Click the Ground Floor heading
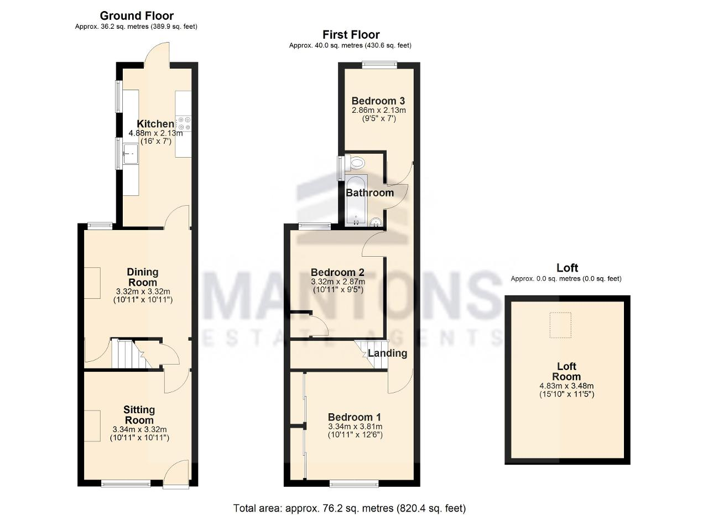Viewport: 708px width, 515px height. click(137, 16)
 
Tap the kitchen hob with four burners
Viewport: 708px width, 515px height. click(184, 123)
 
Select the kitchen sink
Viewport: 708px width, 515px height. click(131, 154)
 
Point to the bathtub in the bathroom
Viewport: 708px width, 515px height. click(356, 200)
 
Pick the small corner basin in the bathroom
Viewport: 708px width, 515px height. click(376, 222)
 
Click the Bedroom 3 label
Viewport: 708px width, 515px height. click(378, 101)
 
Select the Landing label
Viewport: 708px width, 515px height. click(387, 353)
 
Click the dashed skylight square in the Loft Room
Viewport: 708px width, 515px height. click(560, 325)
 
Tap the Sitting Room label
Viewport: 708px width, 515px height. click(139, 415)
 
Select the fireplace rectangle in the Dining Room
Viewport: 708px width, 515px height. click(92, 283)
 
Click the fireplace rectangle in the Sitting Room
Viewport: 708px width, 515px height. click(92, 426)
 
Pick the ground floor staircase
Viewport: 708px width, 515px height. click(131, 354)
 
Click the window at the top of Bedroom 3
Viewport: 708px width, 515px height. click(379, 64)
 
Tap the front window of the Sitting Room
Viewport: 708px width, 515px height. click(126, 483)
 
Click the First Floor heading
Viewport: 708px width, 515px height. click(351, 34)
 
